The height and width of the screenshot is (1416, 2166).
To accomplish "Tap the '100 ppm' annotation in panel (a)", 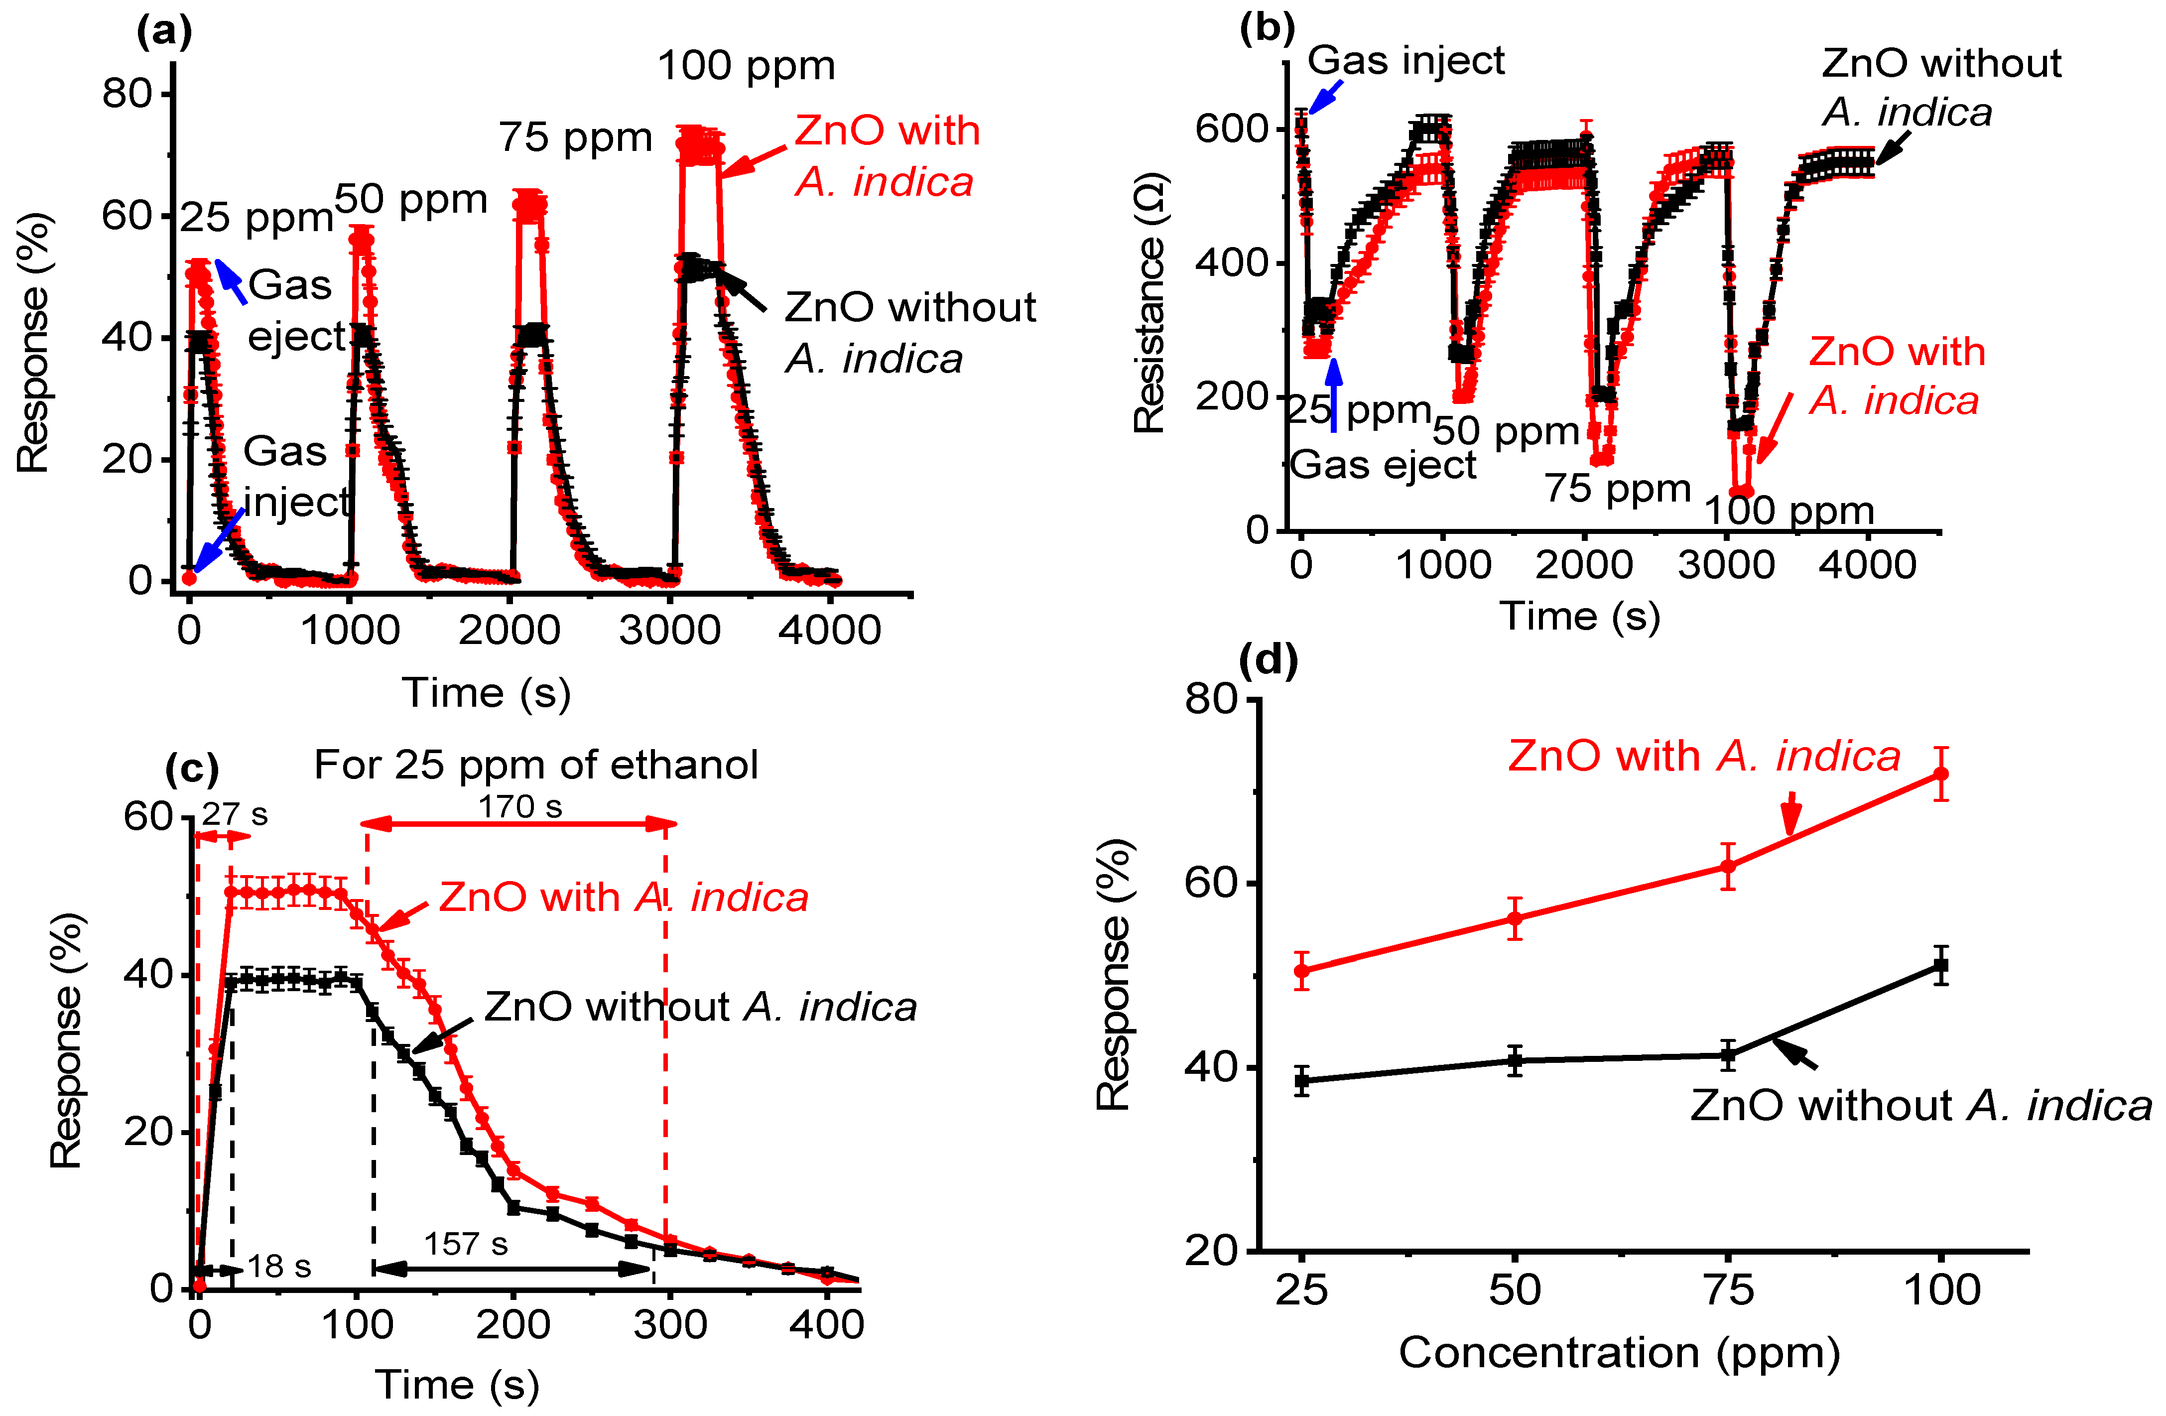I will point(746,66).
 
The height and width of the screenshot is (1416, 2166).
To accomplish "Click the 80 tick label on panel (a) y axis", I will point(127,94).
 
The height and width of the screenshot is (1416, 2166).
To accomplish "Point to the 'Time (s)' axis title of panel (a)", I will point(487,693).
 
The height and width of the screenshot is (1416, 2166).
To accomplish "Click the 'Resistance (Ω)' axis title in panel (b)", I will point(1149,302).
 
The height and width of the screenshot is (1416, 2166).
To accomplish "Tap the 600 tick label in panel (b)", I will point(1231,129).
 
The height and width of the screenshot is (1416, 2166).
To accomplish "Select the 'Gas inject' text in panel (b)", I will point(1406,61).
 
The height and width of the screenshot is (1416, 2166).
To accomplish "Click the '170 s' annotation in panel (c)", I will point(520,806).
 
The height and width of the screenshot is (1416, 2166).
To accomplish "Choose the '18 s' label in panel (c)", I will point(279,1267).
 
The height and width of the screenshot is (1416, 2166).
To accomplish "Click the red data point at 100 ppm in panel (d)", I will point(1941,774).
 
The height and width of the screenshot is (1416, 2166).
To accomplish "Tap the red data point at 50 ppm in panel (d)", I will point(1515,919).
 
